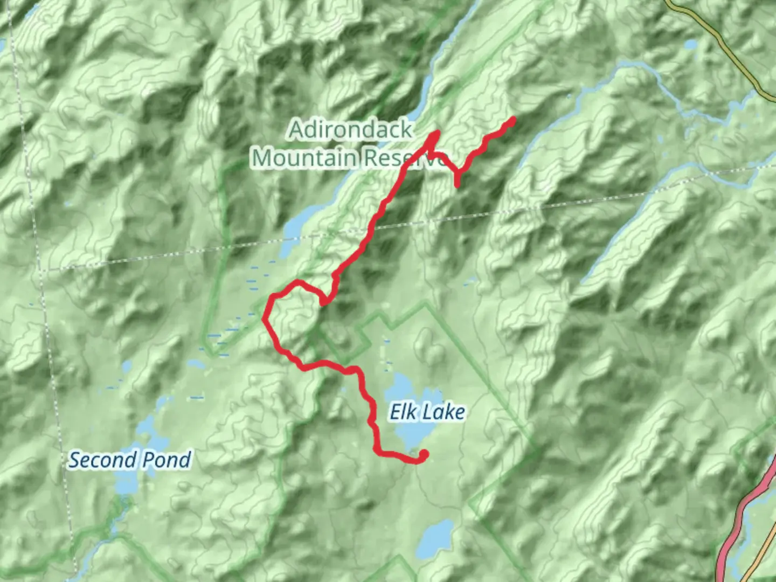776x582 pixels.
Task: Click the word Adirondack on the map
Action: [x=351, y=130]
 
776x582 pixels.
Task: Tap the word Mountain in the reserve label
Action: [x=304, y=158]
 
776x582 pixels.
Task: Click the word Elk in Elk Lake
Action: [x=402, y=412]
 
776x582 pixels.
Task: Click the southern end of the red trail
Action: [x=424, y=455]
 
